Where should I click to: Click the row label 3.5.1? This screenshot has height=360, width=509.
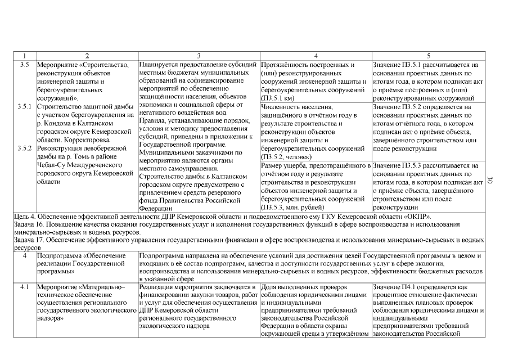pyautogui.click(x=25, y=106)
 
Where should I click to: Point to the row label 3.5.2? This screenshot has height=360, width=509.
pyautogui.click(x=25, y=148)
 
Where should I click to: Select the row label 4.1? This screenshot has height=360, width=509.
pyautogui.click(x=25, y=287)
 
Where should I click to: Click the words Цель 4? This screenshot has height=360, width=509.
pyautogui.click(x=26, y=215)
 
